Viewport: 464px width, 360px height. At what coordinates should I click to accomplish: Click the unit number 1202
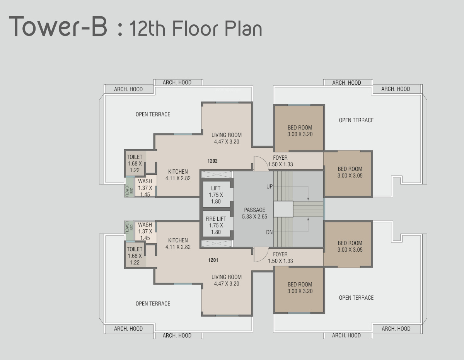click(x=212, y=161)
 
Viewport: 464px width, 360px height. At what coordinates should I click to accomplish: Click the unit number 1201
click(x=213, y=260)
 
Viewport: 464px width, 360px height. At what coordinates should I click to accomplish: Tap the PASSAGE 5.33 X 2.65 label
click(x=254, y=213)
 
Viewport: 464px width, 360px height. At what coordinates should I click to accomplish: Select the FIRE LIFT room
click(x=216, y=224)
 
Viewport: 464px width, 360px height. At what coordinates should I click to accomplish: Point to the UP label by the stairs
click(x=270, y=186)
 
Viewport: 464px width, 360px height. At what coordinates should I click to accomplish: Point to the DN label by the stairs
click(x=270, y=232)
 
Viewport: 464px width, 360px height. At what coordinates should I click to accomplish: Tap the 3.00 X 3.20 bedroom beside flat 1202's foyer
click(x=299, y=128)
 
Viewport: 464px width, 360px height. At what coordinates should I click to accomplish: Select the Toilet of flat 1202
click(x=135, y=163)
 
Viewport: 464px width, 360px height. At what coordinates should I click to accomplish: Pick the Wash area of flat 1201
click(x=145, y=232)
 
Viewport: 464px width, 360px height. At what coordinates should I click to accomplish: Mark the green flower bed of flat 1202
click(x=130, y=187)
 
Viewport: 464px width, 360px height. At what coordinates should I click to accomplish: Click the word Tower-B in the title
click(x=58, y=26)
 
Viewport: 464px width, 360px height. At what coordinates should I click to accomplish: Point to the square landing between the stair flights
click(x=283, y=209)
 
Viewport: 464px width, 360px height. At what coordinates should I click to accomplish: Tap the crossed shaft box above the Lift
click(x=217, y=175)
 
